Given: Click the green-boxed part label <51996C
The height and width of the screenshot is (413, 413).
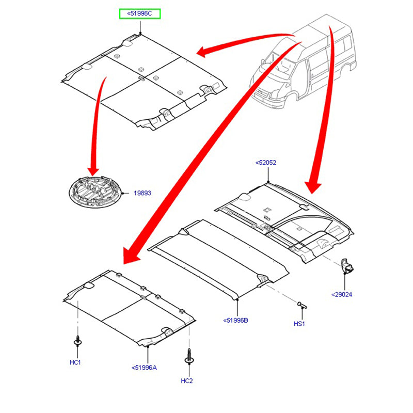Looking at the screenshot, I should pos(140,13).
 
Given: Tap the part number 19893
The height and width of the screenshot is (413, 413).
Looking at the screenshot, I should pos(142,193).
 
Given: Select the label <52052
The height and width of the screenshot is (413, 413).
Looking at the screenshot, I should pos(266,163).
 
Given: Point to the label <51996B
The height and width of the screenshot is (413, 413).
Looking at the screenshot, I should pos(235,321).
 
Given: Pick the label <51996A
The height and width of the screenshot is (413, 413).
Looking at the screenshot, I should pos(144,368).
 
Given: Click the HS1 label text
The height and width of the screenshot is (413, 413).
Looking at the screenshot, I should pos(299,324).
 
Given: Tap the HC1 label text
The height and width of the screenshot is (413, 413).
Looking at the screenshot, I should pos(75,362).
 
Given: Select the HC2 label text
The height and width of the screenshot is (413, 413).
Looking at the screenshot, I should pos(187,381).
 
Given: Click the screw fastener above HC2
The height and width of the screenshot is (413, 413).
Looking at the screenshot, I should pos(188,357).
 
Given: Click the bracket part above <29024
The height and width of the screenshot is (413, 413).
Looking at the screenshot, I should pos(347,266).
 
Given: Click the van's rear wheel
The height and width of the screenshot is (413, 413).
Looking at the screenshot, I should pos(352,66).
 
